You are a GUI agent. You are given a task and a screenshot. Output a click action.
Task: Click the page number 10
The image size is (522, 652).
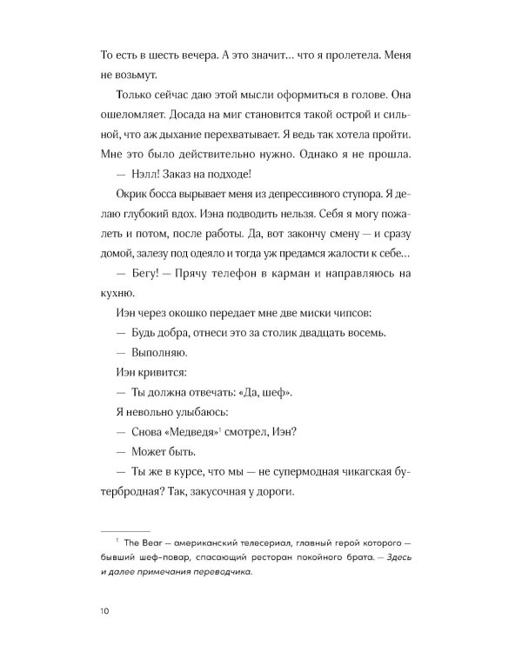(106, 613)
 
